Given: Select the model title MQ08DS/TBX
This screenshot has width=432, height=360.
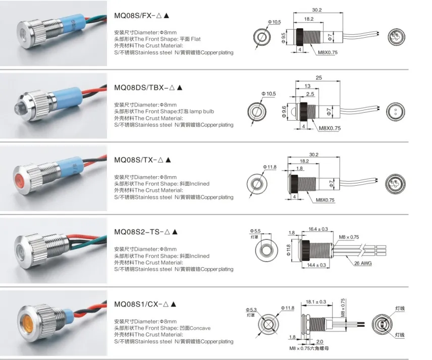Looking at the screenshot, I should tap(143, 87).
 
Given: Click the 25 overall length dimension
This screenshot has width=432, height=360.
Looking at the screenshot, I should tap(318, 78).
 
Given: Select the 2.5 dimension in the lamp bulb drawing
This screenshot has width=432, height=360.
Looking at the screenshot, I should tap(310, 94).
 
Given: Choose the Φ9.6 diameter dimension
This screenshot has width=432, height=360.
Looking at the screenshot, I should tap(284, 110).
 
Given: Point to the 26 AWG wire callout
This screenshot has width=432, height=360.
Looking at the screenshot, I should tap(362, 264).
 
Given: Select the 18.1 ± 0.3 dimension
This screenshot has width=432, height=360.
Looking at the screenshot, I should tap(316, 302).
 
